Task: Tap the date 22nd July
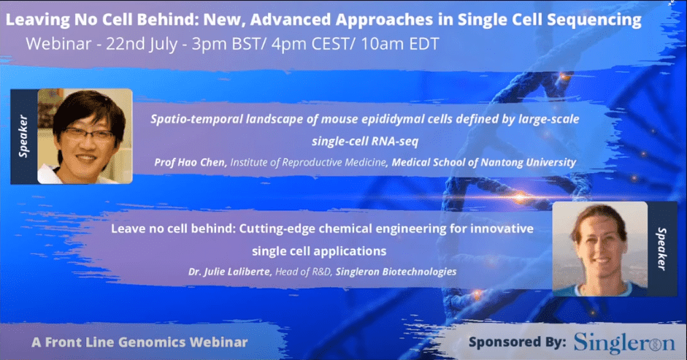(142, 44)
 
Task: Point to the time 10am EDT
(400, 44)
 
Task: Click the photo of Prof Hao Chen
(85, 137)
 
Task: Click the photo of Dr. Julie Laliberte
(600, 248)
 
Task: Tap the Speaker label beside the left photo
(23, 136)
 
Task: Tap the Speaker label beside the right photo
(661, 248)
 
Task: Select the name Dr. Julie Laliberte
(229, 272)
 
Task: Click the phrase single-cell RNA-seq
(365, 141)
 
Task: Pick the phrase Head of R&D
(303, 272)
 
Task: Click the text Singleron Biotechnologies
(396, 272)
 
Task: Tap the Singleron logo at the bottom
(624, 343)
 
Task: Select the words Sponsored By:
(518, 342)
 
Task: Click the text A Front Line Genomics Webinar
(139, 342)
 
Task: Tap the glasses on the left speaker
(89, 134)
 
